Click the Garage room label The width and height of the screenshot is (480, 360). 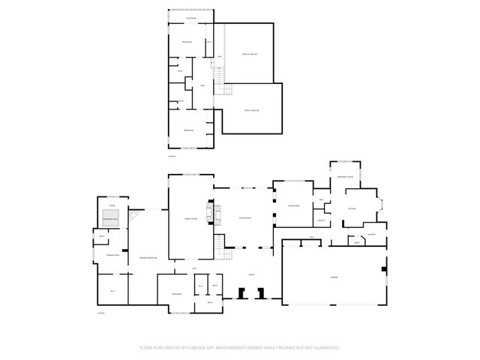[333, 277]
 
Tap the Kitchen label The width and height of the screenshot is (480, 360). [350, 208]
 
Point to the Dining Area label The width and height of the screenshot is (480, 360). [293, 205]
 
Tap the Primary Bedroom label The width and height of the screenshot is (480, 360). [147, 258]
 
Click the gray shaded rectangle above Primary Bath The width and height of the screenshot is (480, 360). [111, 218]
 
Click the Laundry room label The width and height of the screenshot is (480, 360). [370, 235]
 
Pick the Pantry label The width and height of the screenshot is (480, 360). [321, 220]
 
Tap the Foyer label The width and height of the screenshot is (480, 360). [251, 274]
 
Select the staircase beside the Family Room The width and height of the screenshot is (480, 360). [219, 244]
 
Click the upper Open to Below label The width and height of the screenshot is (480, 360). [250, 55]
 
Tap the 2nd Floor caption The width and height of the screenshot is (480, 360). [172, 156]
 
